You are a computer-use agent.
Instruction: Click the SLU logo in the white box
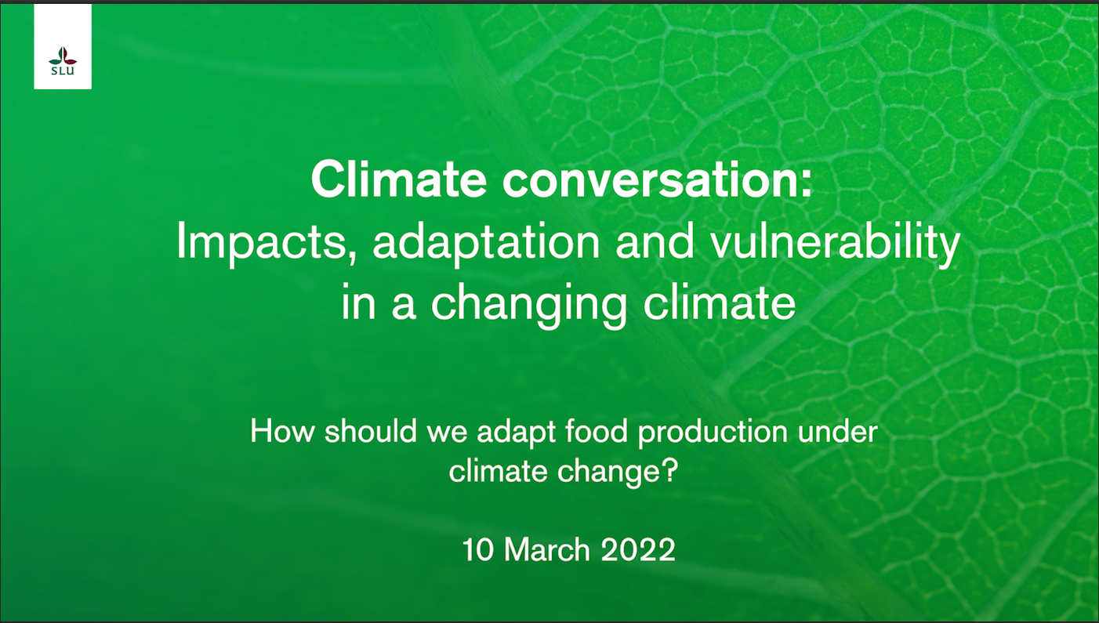63,61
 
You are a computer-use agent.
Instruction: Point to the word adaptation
486,241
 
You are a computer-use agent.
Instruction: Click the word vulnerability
836,241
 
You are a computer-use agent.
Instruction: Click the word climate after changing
720,301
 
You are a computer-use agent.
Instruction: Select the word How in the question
282,431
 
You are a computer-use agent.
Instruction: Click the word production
713,433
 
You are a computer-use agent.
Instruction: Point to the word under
837,432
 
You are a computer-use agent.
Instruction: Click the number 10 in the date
478,549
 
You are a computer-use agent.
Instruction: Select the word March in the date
547,549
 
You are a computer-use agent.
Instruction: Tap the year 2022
638,549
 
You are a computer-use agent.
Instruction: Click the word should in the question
371,431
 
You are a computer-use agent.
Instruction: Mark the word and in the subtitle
655,241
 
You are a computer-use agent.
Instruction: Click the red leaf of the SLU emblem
69,58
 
